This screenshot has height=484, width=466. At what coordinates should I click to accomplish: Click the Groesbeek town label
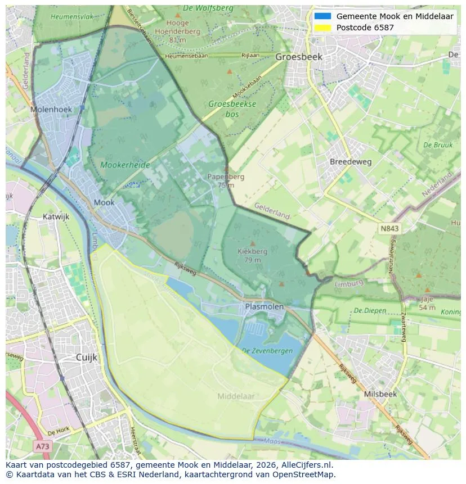click(298, 57)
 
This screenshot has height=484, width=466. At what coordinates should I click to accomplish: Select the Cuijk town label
click(87, 357)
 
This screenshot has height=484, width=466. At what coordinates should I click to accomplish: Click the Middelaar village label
click(236, 396)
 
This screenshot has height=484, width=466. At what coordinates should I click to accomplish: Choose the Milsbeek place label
click(380, 394)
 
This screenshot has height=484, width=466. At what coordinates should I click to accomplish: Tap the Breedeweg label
click(351, 162)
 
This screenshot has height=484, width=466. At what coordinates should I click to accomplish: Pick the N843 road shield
click(389, 228)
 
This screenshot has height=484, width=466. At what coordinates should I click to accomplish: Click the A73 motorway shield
click(42, 446)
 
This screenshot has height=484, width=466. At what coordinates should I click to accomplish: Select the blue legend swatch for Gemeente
click(322, 16)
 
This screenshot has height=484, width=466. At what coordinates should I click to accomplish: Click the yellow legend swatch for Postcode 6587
click(322, 28)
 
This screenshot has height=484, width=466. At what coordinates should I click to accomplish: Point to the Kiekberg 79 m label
click(252, 256)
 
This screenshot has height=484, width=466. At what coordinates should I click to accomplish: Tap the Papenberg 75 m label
click(226, 180)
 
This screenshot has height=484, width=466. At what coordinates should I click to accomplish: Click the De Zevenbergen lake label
click(267, 351)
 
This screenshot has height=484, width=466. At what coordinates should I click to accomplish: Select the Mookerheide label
click(125, 165)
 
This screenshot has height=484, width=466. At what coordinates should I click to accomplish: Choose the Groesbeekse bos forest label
click(232, 109)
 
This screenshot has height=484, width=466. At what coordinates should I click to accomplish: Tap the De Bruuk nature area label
click(438, 145)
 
